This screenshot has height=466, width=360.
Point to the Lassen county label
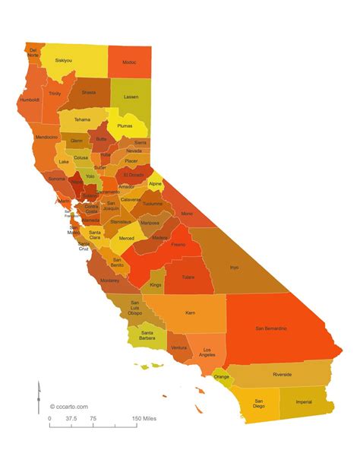[131, 97]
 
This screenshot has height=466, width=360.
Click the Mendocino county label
[46, 137]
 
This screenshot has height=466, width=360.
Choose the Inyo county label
[235, 267]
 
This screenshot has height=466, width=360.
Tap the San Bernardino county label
[271, 328]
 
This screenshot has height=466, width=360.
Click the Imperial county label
[305, 402]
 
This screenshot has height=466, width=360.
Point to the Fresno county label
[178, 245]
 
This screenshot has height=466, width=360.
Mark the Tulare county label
[190, 277]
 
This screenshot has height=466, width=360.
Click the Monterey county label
[109, 281]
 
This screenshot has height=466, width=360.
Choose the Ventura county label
[179, 347]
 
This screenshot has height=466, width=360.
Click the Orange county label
[222, 376]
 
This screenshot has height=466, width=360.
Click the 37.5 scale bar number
[71, 418]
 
